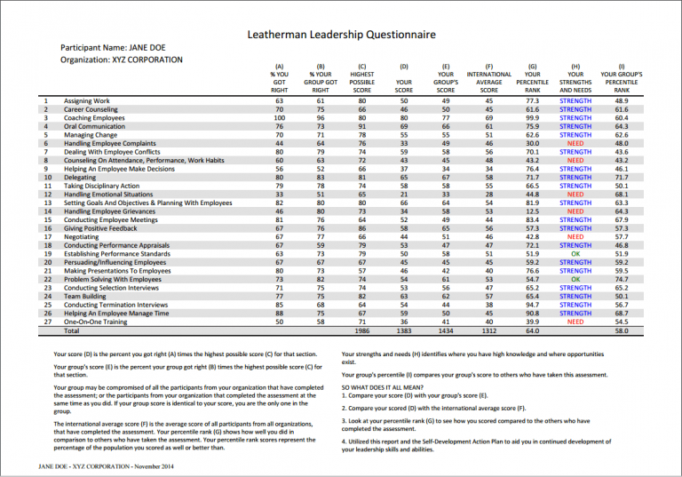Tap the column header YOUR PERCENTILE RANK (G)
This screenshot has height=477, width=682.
click(x=533, y=77)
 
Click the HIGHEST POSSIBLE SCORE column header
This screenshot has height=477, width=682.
click(x=361, y=77)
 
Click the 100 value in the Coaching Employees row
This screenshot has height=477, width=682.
click(x=280, y=118)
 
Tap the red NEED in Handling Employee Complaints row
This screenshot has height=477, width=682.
click(x=575, y=143)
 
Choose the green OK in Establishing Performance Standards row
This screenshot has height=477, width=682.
click(x=575, y=254)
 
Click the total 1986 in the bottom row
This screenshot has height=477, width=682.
click(x=361, y=330)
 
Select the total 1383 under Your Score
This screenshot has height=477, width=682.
click(x=404, y=330)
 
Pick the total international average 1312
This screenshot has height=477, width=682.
click(x=488, y=330)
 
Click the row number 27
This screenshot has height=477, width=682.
click(x=45, y=322)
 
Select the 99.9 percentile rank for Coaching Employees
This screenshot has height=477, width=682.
click(x=533, y=118)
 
